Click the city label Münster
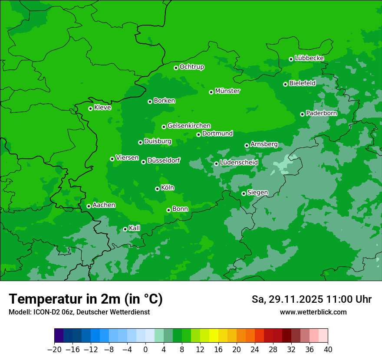click(x=227, y=91)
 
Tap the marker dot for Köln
click(x=157, y=189)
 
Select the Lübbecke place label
click(x=309, y=58)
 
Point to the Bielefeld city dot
click(x=285, y=84)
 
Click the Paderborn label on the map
click(x=321, y=113)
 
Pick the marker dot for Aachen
click(x=89, y=206)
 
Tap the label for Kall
click(x=135, y=228)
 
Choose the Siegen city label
click(x=257, y=193)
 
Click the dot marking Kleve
click(x=90, y=108)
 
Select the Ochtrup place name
click(x=191, y=67)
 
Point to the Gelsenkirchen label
click(x=189, y=126)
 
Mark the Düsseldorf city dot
click(x=143, y=162)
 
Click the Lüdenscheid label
click(x=239, y=163)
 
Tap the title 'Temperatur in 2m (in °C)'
click(x=86, y=299)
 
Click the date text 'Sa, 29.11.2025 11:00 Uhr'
click(x=312, y=299)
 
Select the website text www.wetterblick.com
click(x=313, y=312)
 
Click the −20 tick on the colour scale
click(x=54, y=350)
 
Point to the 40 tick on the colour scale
click(x=328, y=350)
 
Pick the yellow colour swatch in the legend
click(x=214, y=336)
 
